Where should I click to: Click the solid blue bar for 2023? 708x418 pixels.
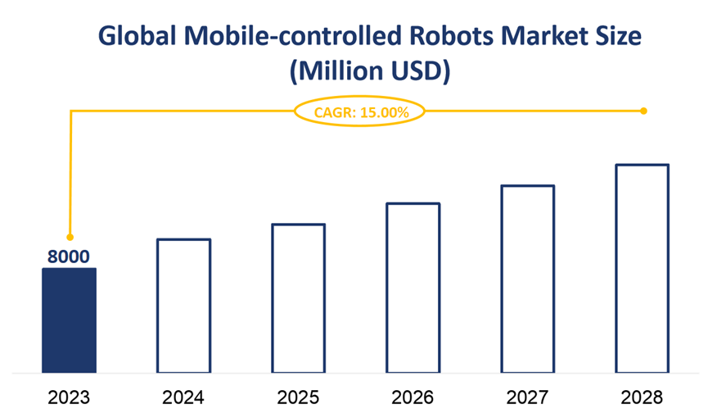tap(69, 320)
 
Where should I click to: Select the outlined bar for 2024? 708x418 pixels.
tap(183, 306)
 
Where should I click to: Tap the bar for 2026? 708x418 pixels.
tap(413, 288)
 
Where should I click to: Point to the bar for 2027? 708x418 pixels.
tap(528, 279)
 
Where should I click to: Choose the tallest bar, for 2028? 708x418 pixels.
tap(643, 268)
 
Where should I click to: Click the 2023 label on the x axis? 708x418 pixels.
tap(69, 398)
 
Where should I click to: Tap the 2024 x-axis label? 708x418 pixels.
tap(183, 398)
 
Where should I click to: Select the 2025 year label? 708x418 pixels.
tap(299, 398)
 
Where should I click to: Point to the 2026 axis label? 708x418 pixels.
tap(413, 398)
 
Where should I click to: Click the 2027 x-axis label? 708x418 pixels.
tap(528, 398)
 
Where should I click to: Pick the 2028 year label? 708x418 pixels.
tap(643, 398)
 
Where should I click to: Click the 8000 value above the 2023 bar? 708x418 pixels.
tap(69, 257)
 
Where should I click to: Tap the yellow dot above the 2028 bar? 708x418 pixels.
tap(643, 111)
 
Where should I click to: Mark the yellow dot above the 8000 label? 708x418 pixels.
tap(70, 237)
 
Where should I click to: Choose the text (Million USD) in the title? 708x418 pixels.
tap(370, 71)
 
